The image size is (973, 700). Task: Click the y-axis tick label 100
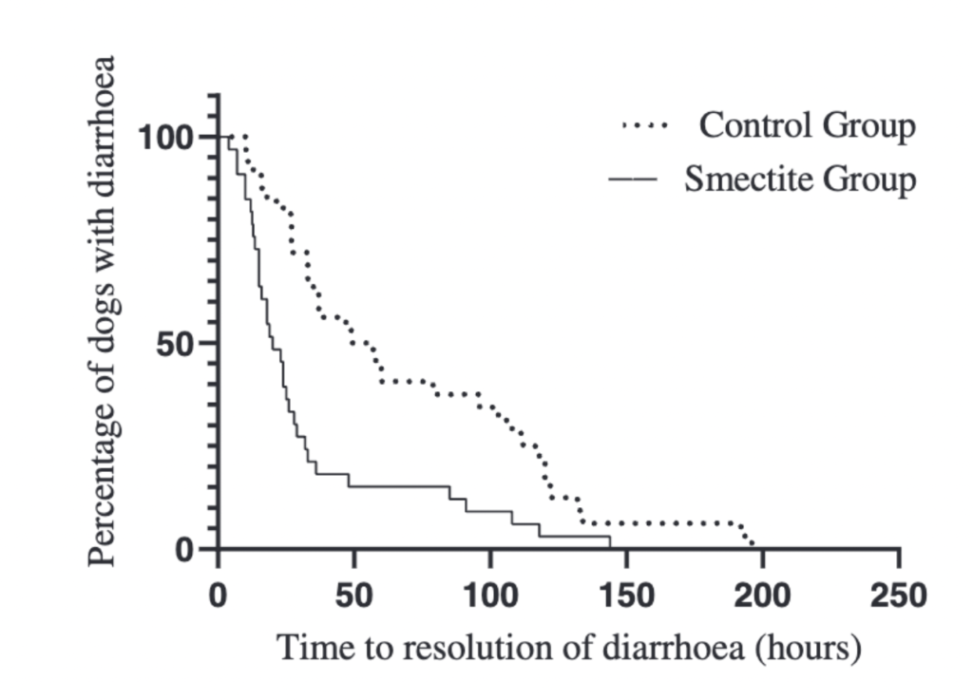click(x=168, y=138)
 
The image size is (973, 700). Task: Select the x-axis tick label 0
click(x=219, y=596)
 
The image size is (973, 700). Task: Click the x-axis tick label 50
click(x=354, y=596)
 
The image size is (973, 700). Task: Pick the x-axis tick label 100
click(x=490, y=596)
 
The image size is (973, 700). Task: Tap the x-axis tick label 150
click(x=626, y=596)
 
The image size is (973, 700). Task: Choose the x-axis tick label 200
click(x=762, y=596)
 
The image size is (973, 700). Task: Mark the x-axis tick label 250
click(x=898, y=596)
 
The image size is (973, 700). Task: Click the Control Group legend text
click(x=808, y=125)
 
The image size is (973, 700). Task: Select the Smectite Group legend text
click(x=800, y=180)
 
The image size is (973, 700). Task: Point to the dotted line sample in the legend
click(x=645, y=125)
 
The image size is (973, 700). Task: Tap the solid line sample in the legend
click(x=633, y=180)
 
